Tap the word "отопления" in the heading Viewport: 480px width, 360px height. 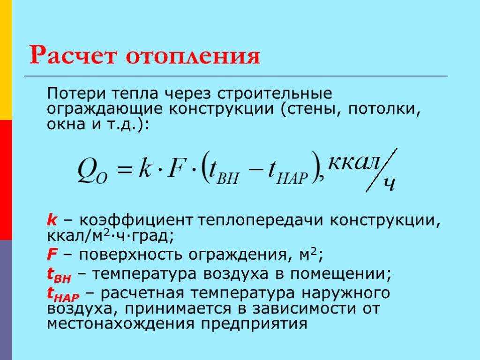click(193, 56)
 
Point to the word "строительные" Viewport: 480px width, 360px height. click(275, 93)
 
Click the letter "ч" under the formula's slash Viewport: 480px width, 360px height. click(389, 184)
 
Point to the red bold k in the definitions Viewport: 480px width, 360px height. click(52, 220)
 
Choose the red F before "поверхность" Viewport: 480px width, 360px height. click(52, 254)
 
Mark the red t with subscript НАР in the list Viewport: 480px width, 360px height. click(63, 294)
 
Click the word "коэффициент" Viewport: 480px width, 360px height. click(136, 220)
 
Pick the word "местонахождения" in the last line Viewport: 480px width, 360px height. click(120, 324)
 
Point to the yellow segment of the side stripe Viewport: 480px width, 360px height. click(6, 60)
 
